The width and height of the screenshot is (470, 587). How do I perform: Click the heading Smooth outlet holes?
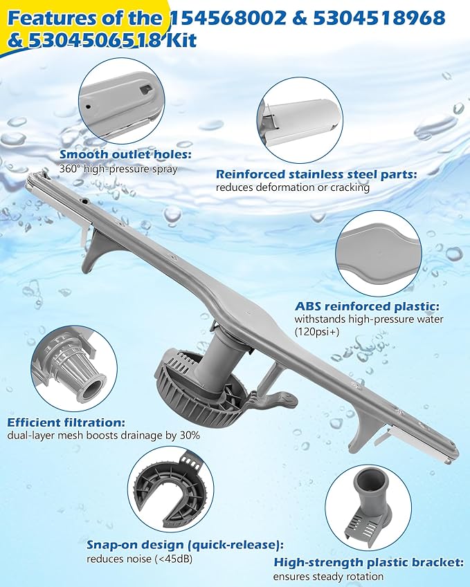point(125,155)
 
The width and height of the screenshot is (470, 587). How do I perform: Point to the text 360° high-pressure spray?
point(118,169)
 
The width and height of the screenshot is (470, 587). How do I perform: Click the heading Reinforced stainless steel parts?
point(316,175)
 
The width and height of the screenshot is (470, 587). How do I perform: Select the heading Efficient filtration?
point(66,422)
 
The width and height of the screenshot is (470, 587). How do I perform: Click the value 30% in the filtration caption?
point(188,436)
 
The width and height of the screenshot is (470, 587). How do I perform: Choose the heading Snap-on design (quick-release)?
point(185,545)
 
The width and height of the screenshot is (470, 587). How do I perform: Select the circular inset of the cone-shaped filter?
point(73,367)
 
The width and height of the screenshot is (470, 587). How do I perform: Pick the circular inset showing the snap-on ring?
point(170,489)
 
